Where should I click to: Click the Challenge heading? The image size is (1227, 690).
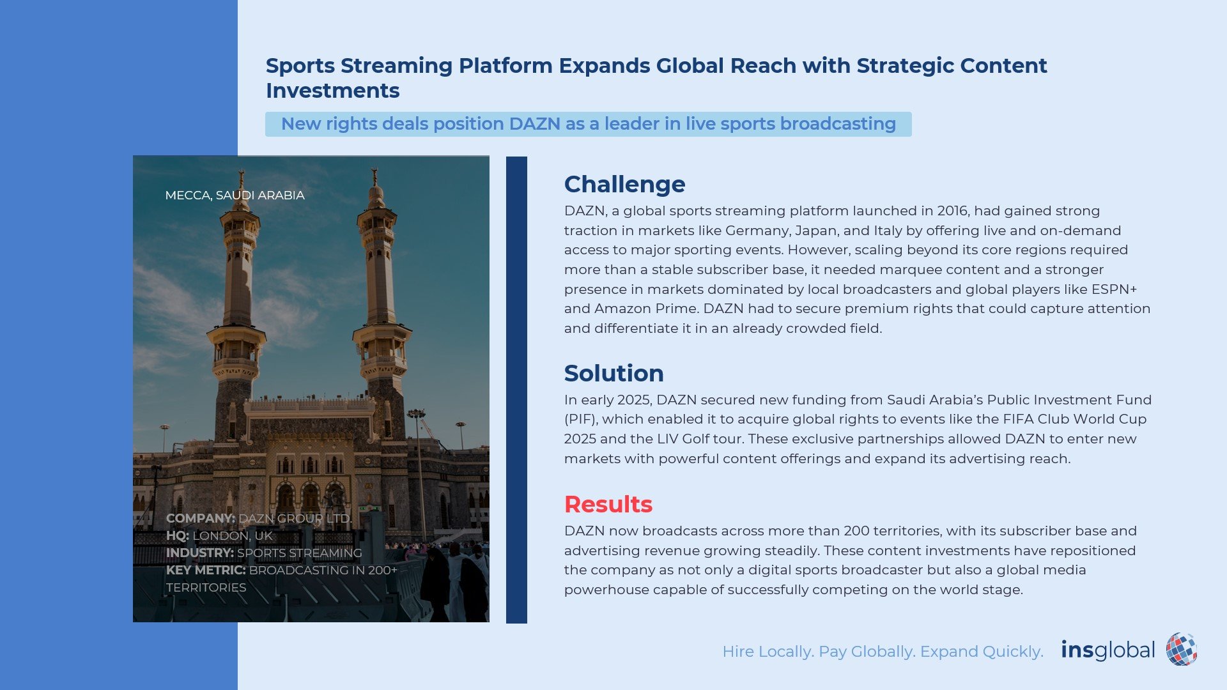[624, 185]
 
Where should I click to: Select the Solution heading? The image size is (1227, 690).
[613, 373]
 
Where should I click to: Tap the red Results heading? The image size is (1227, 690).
[608, 505]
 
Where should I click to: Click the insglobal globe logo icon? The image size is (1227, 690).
[1181, 650]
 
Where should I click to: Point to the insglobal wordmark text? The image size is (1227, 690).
[1107, 650]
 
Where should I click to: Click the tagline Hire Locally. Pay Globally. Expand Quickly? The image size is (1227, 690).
[883, 652]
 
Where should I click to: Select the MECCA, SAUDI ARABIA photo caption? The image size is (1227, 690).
[235, 195]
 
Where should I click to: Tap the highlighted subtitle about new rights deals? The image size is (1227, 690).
[589, 124]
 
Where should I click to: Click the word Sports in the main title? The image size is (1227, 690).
[300, 66]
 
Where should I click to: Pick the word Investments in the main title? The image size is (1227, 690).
[332, 91]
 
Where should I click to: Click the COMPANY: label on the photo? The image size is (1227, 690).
[201, 518]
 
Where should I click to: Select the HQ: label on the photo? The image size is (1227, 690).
[178, 536]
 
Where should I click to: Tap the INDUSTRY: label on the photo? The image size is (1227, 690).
[199, 553]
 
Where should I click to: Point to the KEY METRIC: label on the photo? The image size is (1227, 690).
[206, 571]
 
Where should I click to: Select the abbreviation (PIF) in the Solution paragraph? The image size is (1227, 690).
[581, 420]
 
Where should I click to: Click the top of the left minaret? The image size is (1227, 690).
[242, 171]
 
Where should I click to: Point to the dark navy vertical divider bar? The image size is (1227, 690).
[516, 390]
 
